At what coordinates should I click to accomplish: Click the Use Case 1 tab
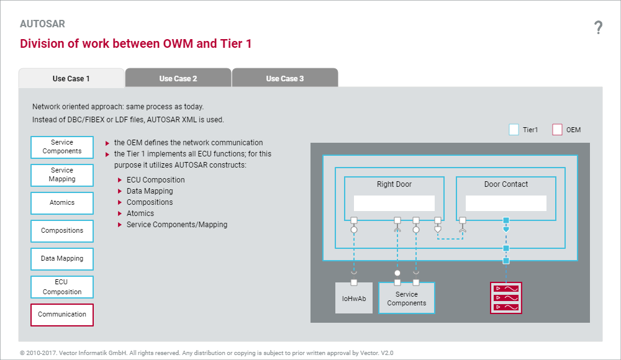click(x=71, y=78)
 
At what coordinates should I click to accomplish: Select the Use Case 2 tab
click(x=178, y=78)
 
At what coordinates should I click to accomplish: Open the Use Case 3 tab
click(x=285, y=78)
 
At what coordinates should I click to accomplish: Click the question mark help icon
click(x=598, y=27)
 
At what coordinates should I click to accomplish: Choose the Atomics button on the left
click(x=62, y=203)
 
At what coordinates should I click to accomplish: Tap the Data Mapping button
click(x=62, y=259)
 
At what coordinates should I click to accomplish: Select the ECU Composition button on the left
click(x=62, y=287)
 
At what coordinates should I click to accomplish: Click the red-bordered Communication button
click(x=62, y=315)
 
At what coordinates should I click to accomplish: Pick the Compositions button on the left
click(x=62, y=231)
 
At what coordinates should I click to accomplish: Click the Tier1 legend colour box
click(x=514, y=130)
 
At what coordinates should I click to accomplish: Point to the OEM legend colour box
click(x=557, y=130)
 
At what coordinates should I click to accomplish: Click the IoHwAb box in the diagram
click(x=354, y=299)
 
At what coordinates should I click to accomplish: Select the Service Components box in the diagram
click(x=407, y=299)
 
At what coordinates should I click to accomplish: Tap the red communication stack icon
click(x=505, y=298)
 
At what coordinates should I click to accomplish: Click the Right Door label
click(x=394, y=184)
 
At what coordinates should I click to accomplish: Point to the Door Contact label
click(x=506, y=184)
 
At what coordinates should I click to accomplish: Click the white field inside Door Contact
click(x=506, y=203)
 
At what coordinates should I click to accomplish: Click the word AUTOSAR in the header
click(x=42, y=24)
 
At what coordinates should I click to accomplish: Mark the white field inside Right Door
click(x=394, y=203)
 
